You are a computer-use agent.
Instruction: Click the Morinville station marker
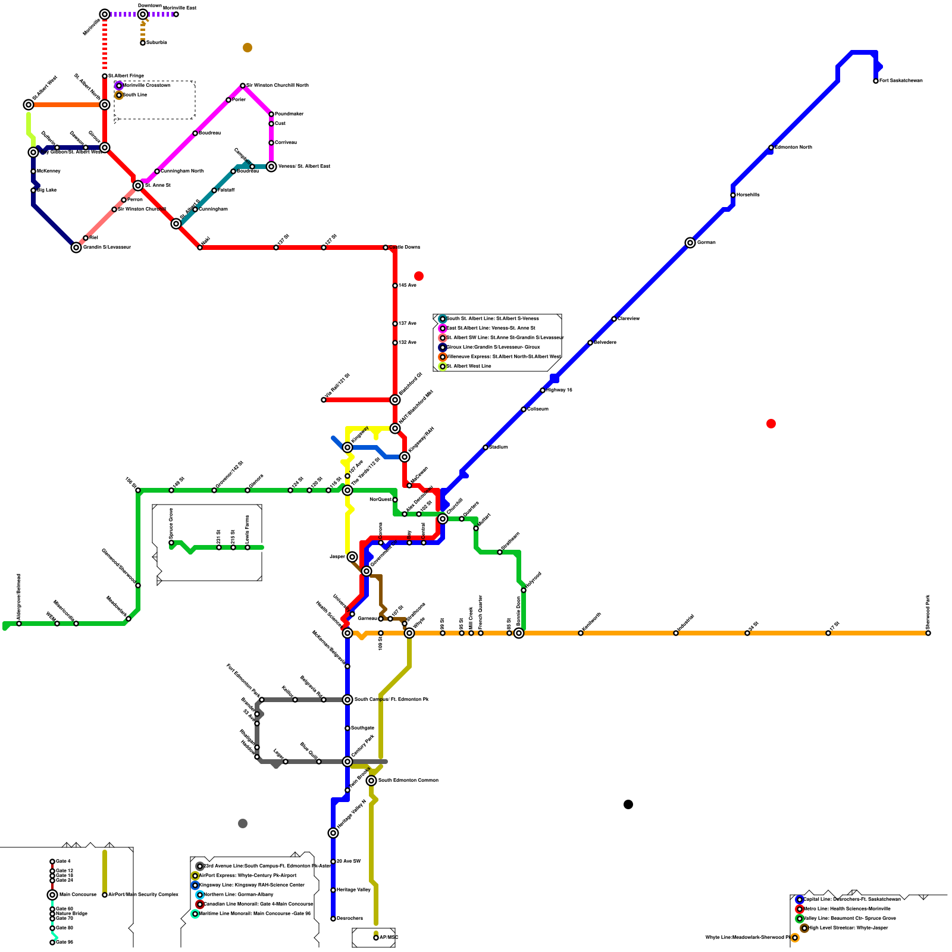105,14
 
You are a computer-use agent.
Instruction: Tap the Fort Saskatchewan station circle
876,81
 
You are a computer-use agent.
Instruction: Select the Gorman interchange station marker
690,243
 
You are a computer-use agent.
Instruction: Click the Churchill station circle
443,519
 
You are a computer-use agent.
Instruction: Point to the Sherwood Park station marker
928,633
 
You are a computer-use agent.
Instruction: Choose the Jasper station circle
352,557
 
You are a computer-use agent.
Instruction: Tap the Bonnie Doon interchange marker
519,633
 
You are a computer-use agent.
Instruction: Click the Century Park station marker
347,762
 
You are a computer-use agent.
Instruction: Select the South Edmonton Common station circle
371,781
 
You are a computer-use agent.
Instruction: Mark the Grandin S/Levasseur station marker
76,248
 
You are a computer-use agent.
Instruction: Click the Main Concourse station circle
52,895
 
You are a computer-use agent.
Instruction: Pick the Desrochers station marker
333,919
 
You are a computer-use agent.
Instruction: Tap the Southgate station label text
362,728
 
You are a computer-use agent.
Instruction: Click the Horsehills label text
748,195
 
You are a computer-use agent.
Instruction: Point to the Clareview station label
629,319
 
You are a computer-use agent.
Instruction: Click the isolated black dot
628,804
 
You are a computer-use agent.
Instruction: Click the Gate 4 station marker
52,862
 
